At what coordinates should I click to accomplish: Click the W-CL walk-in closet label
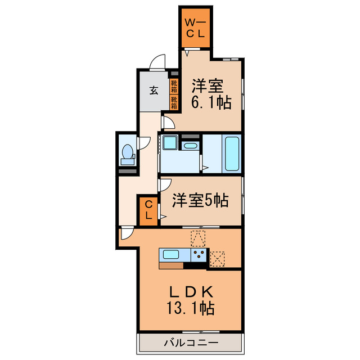pos(195,29)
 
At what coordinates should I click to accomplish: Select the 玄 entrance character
pos(153,89)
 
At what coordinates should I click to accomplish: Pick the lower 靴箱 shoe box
pos(174,102)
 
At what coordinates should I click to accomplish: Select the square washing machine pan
pos(169,145)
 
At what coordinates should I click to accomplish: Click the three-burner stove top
pos(199,256)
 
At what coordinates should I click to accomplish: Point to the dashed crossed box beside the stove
pos(217,258)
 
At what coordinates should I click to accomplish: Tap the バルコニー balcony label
pos(191,341)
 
